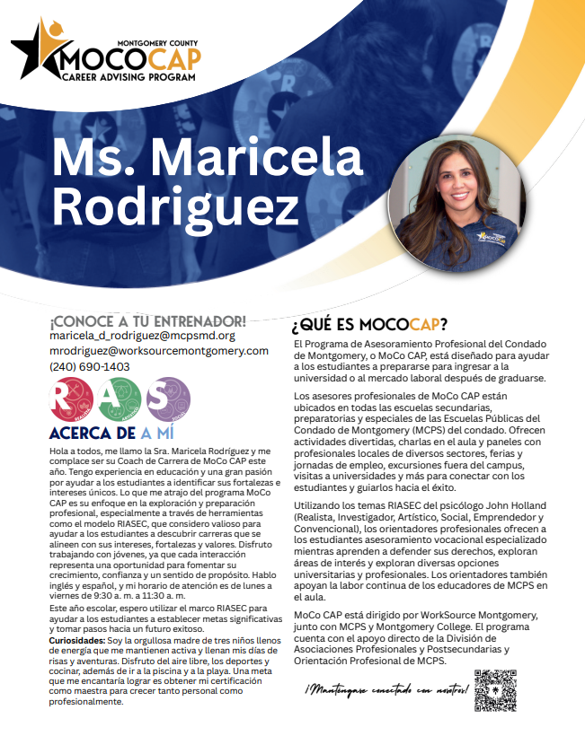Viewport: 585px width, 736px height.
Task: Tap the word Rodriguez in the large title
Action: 174,208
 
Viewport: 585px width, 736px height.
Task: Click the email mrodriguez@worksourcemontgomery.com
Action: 159,351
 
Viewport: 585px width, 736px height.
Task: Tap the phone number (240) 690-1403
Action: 90,366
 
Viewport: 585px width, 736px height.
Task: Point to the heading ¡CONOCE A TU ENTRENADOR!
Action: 148,320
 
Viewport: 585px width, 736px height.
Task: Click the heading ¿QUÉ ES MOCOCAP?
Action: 369,323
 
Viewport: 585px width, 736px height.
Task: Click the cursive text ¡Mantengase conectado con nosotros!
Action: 386,692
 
